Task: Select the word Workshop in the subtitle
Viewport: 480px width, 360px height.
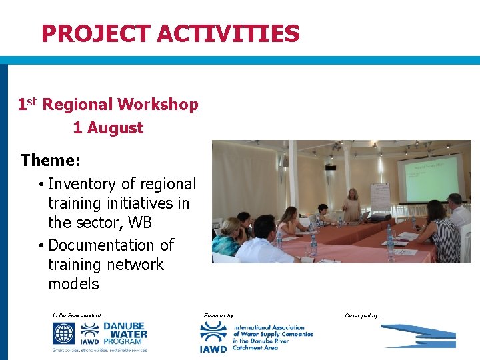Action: [x=158, y=105]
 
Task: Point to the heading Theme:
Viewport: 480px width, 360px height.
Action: [x=51, y=161]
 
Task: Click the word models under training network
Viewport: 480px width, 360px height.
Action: [x=73, y=283]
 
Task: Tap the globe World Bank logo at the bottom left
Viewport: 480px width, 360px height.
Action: [x=64, y=333]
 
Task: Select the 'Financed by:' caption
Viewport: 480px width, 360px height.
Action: [x=218, y=315]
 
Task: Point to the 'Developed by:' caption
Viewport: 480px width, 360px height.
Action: [x=363, y=315]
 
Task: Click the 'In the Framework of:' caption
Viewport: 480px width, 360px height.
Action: [x=77, y=315]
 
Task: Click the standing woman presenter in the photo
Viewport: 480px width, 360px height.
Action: [x=351, y=204]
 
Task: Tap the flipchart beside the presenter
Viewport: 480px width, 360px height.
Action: [x=379, y=196]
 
